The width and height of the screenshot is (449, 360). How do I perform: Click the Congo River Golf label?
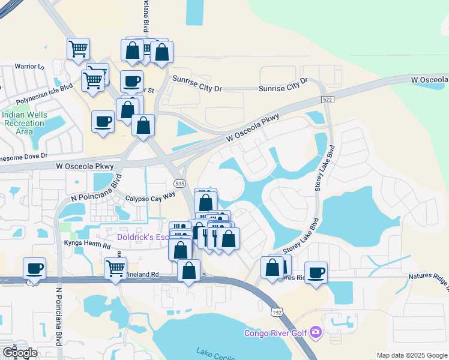click(275, 333)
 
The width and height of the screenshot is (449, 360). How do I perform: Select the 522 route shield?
click(327, 99)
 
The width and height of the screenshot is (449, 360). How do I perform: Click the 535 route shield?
click(179, 183)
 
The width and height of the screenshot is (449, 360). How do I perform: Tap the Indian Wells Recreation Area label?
click(23, 123)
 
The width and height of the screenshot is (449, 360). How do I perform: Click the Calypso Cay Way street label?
click(150, 197)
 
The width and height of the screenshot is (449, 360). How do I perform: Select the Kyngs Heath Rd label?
click(88, 245)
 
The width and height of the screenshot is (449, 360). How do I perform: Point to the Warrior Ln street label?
click(30, 66)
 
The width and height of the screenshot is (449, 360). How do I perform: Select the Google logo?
click(19, 353)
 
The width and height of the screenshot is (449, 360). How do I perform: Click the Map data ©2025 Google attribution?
click(411, 355)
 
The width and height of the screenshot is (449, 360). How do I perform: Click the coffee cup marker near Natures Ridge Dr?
click(316, 272)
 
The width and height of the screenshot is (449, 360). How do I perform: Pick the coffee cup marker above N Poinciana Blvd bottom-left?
click(35, 268)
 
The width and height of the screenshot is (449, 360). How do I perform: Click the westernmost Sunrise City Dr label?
click(197, 88)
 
